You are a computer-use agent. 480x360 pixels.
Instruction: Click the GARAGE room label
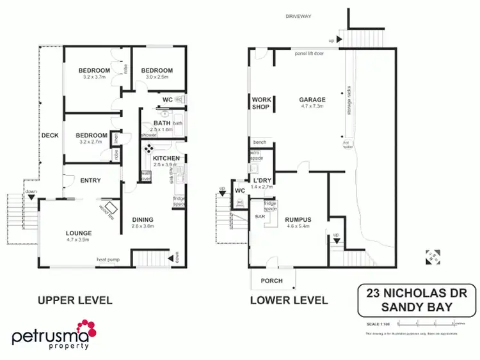click(312, 99)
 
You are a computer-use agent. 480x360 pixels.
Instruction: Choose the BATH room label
click(161, 123)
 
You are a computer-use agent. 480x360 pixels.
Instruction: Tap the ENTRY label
click(91, 180)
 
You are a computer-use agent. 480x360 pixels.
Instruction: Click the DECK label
click(50, 136)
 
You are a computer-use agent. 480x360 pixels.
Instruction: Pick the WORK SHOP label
click(262, 104)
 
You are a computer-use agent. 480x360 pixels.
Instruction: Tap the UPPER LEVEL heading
click(75, 300)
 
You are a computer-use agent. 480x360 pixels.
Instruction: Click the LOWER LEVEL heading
click(289, 300)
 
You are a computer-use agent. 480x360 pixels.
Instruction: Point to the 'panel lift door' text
click(309, 53)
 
